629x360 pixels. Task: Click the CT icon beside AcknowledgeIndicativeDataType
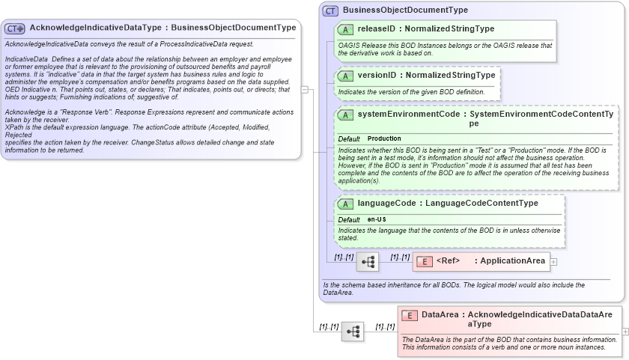15,28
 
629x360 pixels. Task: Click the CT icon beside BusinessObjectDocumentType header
330,10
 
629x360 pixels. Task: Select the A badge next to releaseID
345,29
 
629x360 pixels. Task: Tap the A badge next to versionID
345,76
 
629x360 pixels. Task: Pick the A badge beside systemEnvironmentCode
345,115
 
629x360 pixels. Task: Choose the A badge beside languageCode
345,204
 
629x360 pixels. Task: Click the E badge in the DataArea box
409,316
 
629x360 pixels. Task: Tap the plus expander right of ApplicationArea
554,261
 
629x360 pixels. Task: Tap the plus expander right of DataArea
625,331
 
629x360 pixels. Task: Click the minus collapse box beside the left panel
305,89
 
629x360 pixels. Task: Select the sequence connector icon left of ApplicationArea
368,262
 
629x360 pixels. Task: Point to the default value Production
384,138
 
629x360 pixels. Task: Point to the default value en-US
377,219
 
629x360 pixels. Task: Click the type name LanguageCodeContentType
481,203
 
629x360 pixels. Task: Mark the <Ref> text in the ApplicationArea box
448,260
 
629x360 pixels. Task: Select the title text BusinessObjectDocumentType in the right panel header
405,10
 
